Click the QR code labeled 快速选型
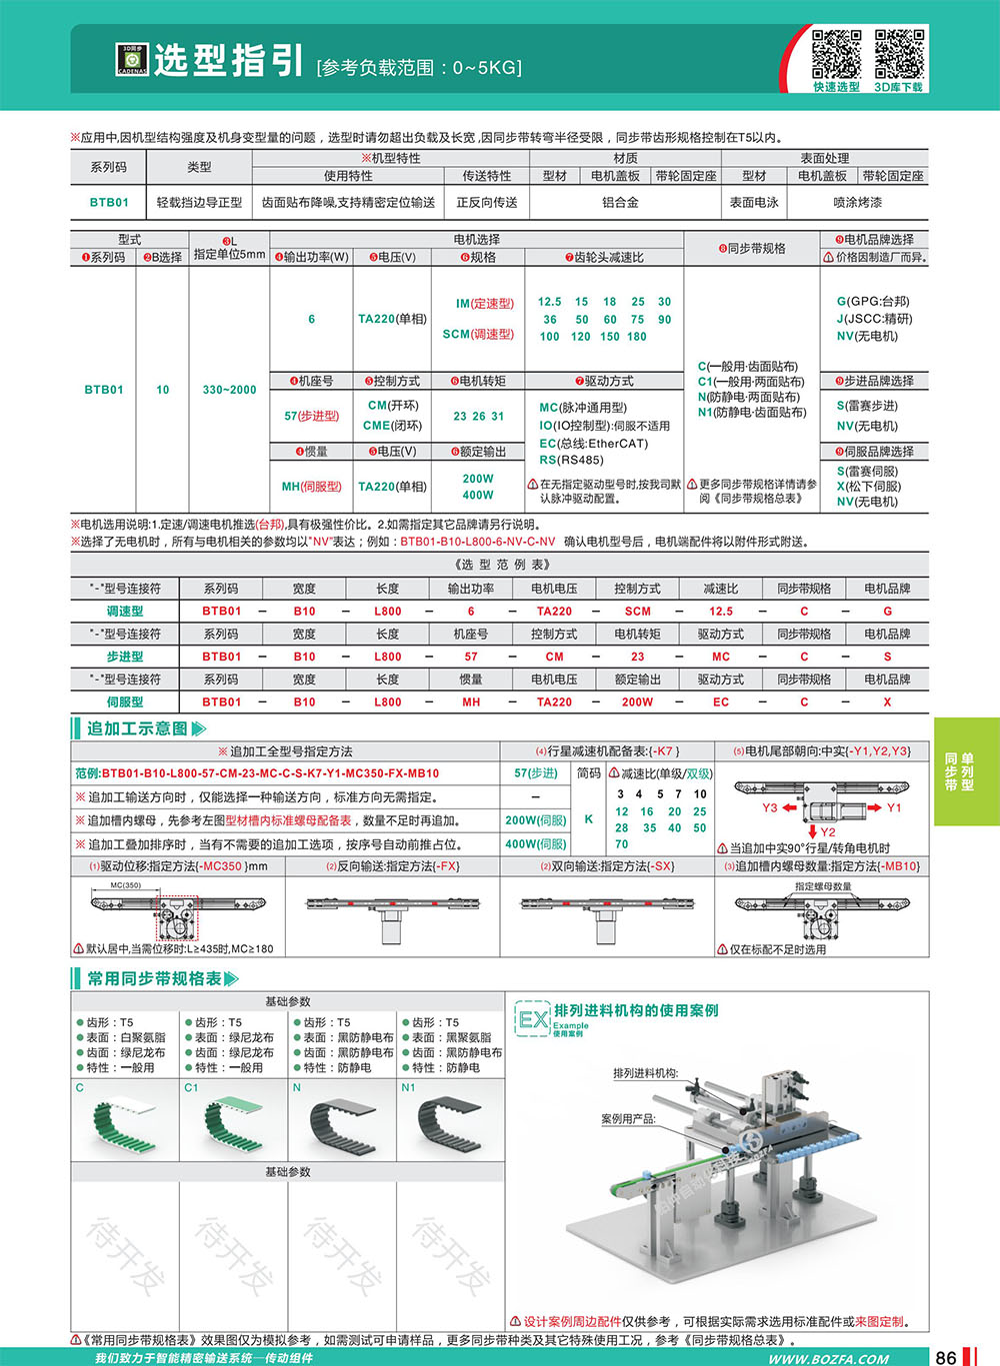pos(836,54)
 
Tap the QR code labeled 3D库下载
pos(899,54)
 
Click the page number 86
pos(945,1356)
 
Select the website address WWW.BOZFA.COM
pos(828,1358)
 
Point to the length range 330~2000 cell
pos(229,390)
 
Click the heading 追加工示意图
pos(137,728)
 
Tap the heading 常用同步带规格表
pos(154,978)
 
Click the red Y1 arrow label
pos(893,807)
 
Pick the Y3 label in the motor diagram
pos(770,807)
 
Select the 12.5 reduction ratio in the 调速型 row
pos(721,611)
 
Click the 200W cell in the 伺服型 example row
pos(638,701)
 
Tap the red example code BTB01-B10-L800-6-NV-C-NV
pos(477,542)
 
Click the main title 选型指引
pos(228,61)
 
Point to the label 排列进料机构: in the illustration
pos(645,1073)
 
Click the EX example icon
pos(533,1019)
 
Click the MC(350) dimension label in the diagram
pos(125,885)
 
